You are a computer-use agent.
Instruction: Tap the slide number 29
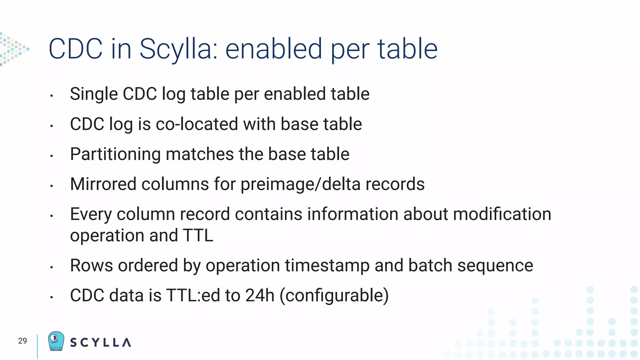(x=22, y=341)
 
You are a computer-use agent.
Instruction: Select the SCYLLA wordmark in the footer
(x=100, y=342)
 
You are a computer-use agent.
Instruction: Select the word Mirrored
(x=103, y=184)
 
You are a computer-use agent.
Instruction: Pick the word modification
(x=502, y=214)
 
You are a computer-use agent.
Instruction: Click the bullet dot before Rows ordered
(x=52, y=267)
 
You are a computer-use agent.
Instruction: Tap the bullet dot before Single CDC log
(x=52, y=96)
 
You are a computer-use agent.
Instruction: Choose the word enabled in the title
(x=273, y=49)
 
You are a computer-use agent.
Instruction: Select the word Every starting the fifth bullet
(x=91, y=215)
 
